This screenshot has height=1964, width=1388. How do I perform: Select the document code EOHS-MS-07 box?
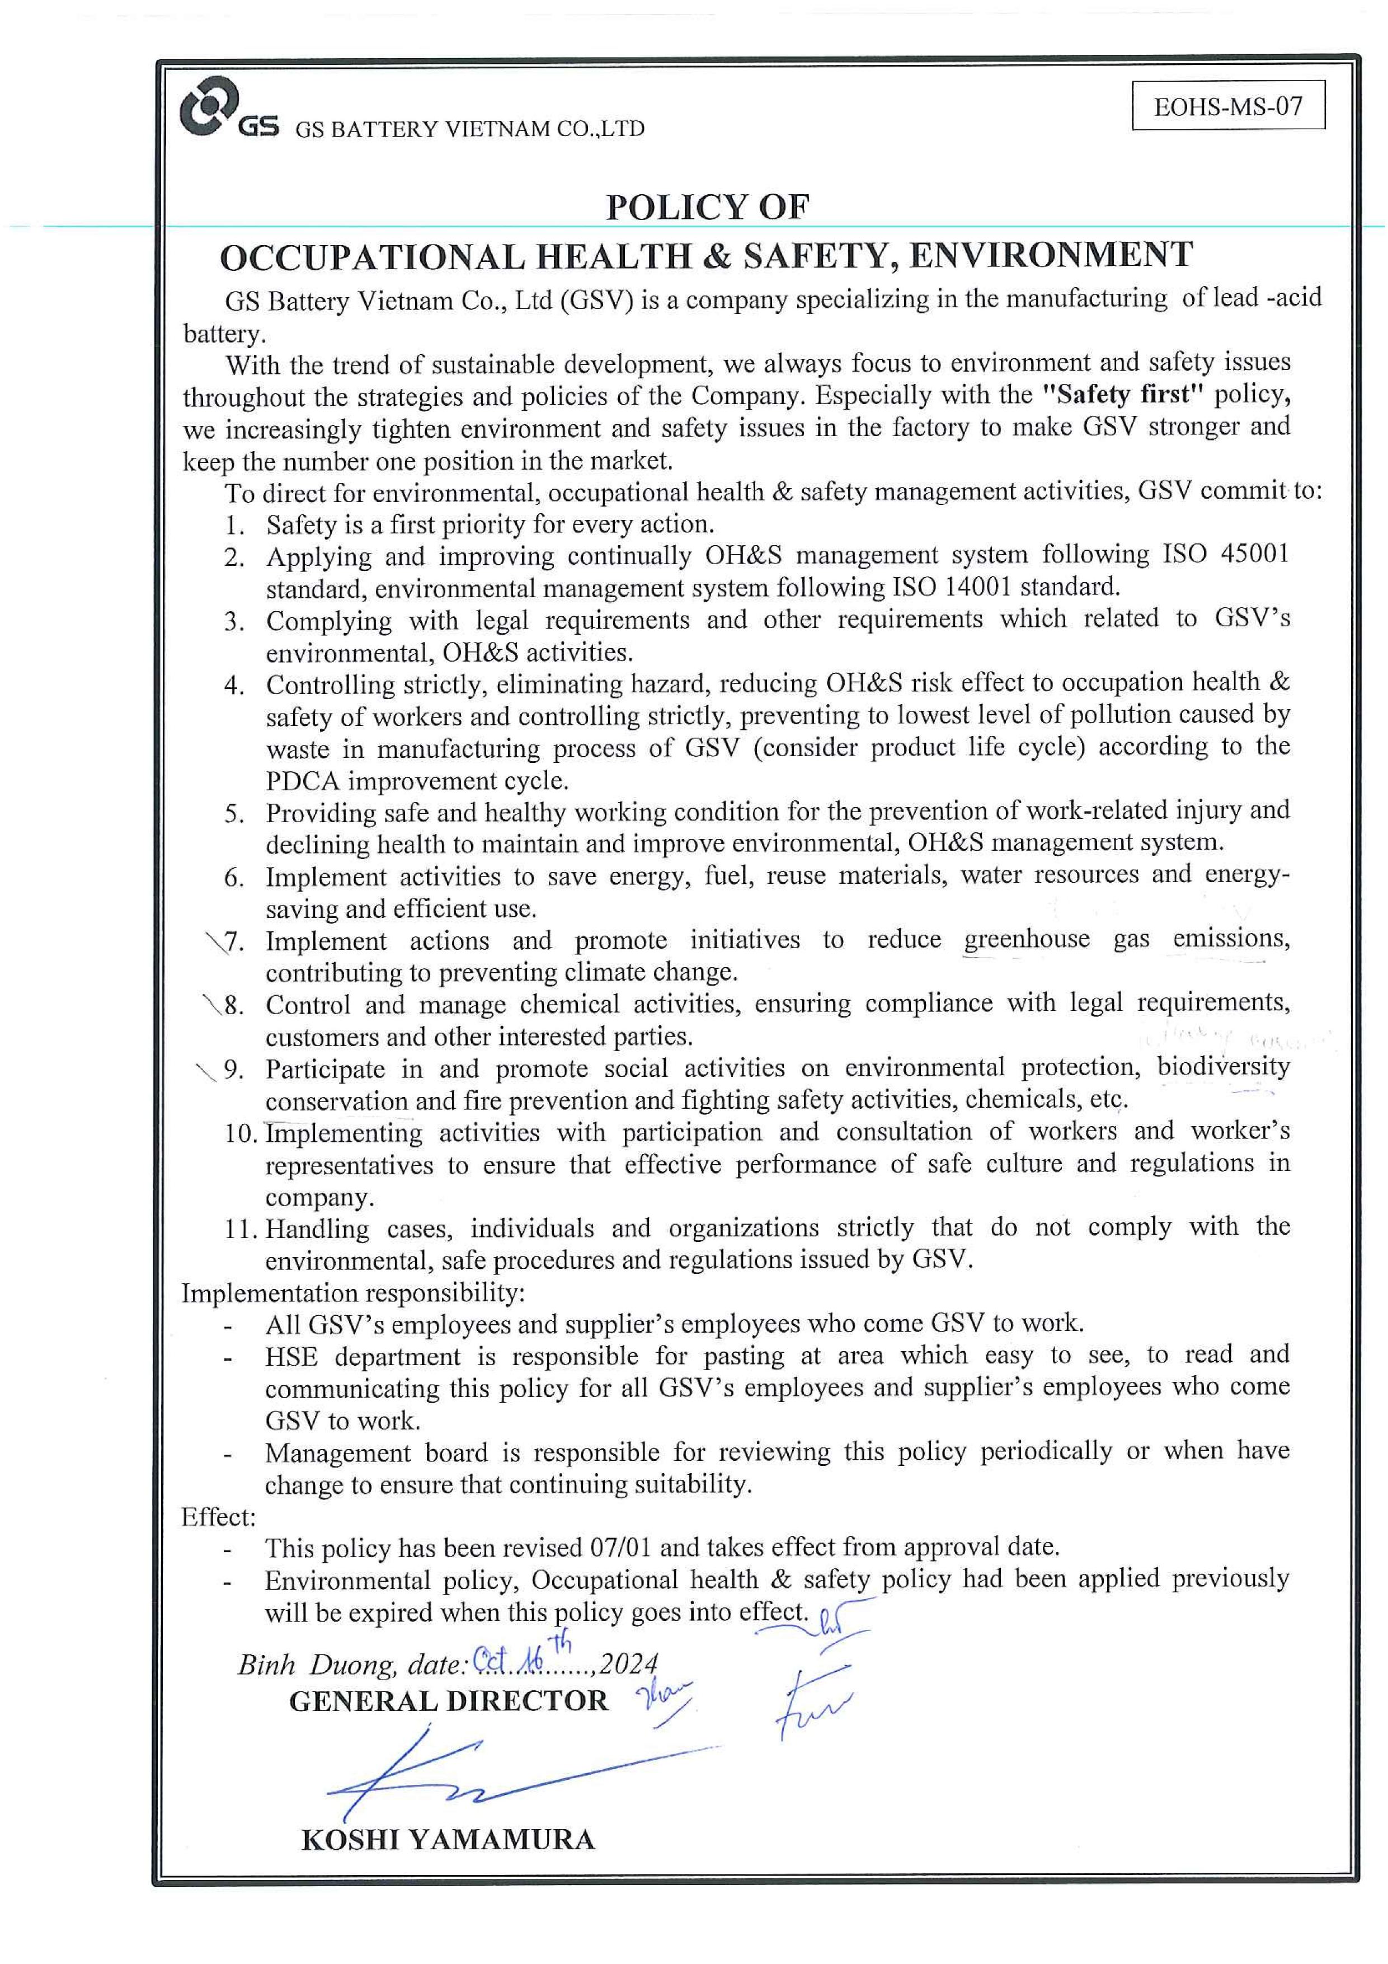[x=1227, y=106]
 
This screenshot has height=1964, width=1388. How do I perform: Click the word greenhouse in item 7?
[x=1026, y=939]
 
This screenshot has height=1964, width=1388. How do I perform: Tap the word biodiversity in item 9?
[x=1223, y=1067]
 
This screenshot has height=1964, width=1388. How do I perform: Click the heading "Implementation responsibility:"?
[x=352, y=1292]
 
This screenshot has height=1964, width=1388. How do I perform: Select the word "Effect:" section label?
[x=219, y=1517]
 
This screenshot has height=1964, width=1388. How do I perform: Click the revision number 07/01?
[x=622, y=1548]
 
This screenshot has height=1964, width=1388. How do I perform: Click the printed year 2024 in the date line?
[x=629, y=1664]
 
